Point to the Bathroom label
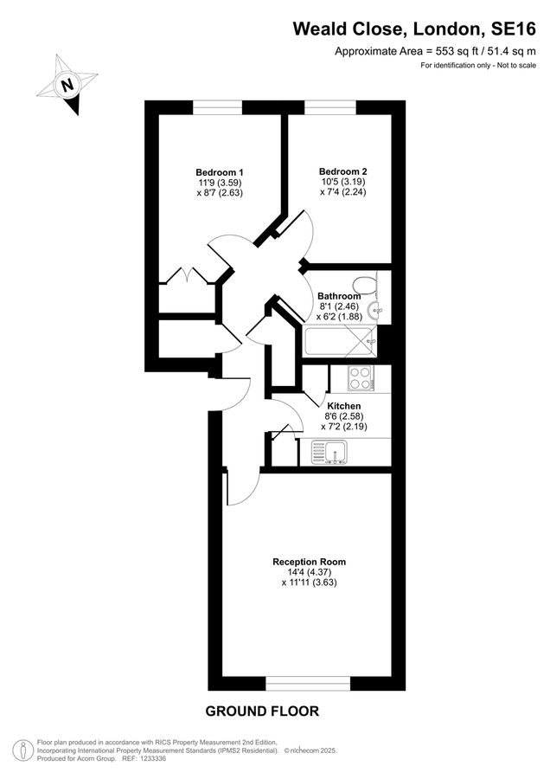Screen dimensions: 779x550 point(339,296)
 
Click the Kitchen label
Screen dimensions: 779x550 point(343,405)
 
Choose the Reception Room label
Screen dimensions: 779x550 point(309,562)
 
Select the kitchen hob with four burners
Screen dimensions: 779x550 point(360,377)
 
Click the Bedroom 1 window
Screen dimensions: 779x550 point(217,107)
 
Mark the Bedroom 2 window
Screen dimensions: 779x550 point(329,107)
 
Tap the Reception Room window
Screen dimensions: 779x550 point(308,684)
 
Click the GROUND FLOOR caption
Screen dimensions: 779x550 point(262,711)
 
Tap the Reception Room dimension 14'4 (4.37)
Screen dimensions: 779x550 point(309,572)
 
